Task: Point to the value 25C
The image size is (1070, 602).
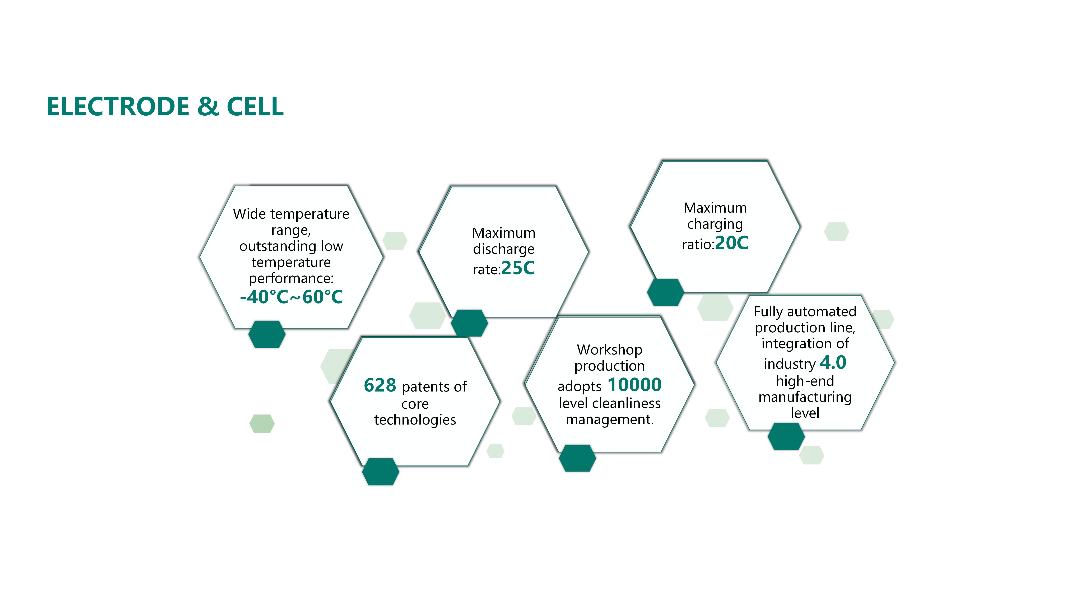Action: pos(518,268)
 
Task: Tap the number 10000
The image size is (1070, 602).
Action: pos(635,385)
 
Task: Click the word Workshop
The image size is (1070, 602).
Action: pos(610,350)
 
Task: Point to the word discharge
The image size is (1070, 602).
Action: pos(504,249)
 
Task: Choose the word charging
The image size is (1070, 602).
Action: pos(715,224)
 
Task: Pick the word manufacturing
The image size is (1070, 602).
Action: pos(805,397)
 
